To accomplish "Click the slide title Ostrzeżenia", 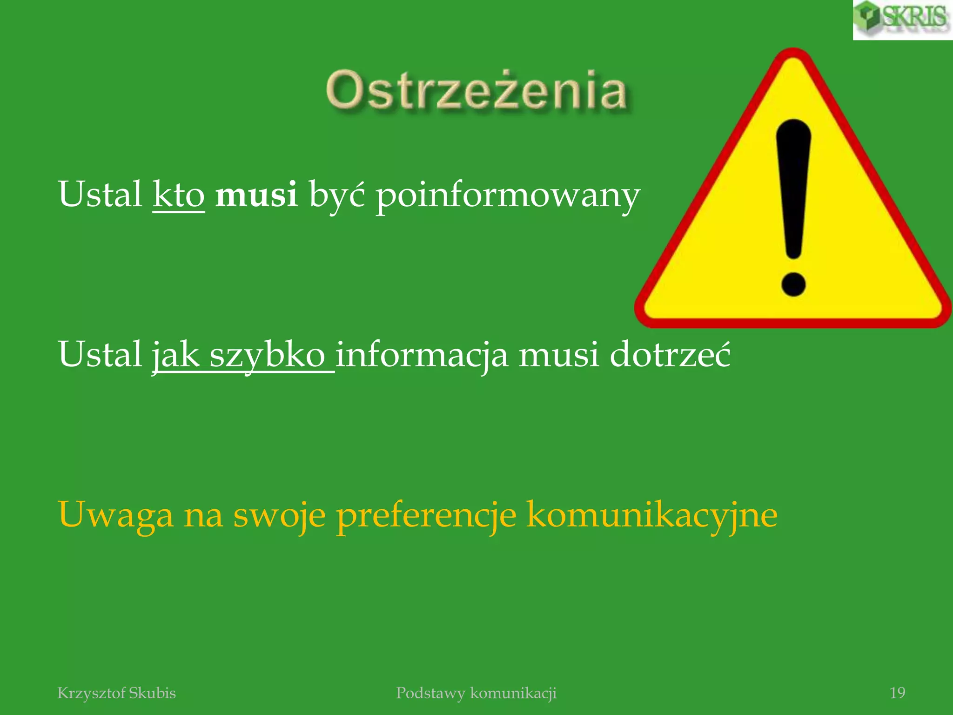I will (476, 91).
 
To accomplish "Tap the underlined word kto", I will (179, 195).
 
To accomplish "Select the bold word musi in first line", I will (256, 195).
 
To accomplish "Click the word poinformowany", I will (507, 196).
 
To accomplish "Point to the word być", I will (336, 196).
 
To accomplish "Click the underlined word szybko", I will (267, 356).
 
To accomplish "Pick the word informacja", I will (422, 355).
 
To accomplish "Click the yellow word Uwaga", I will (115, 515).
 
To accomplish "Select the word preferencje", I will (426, 516).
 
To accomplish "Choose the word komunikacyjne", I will (651, 515).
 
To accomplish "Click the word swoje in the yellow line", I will (279, 516).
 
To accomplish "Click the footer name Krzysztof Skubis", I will (116, 693).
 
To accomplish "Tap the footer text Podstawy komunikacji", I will (476, 693).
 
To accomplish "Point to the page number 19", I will (897, 693).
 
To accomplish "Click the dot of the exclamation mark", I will (793, 283).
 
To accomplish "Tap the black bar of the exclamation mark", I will (793, 186).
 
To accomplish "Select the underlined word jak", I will (175, 356).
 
